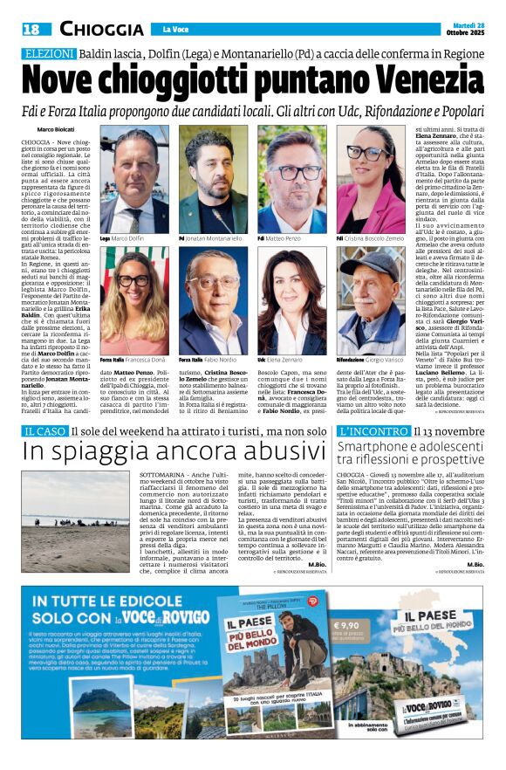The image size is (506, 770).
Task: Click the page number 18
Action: pos(31,30)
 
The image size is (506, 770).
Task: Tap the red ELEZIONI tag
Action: pos(48,54)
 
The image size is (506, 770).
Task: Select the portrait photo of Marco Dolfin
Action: pos(135,179)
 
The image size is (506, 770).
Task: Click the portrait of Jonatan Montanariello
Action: pos(213,179)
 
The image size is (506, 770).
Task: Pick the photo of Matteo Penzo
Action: pos(291,179)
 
